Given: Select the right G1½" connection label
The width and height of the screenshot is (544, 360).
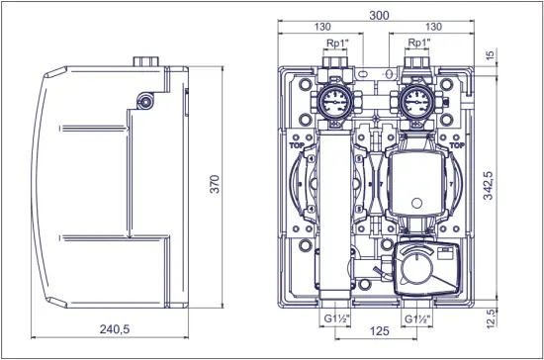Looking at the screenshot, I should (418, 319).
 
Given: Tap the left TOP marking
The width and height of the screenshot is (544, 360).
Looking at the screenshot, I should (296, 144).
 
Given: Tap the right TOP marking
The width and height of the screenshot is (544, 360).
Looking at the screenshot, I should (456, 144).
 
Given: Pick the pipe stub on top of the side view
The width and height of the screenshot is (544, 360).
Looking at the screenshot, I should (149, 60).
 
